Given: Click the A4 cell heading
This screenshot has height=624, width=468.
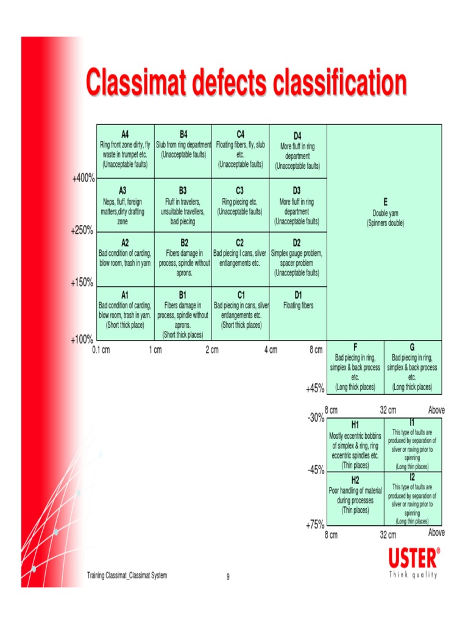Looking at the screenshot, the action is pyautogui.click(x=125, y=133).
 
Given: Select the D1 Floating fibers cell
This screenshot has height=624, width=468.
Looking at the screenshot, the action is pyautogui.click(x=298, y=313).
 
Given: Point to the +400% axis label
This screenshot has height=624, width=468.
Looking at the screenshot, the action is pyautogui.click(x=83, y=179).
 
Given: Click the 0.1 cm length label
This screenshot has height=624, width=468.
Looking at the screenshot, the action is pyautogui.click(x=101, y=350).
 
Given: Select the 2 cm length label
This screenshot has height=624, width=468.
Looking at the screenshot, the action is pyautogui.click(x=211, y=350).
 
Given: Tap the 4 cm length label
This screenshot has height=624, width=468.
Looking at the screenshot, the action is pyautogui.click(x=270, y=350).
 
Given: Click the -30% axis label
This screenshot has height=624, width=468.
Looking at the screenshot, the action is pyautogui.click(x=316, y=419).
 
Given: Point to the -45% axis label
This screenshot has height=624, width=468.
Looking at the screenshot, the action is pyautogui.click(x=315, y=470).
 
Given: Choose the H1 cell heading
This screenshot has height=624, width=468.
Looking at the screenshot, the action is pyautogui.click(x=355, y=424).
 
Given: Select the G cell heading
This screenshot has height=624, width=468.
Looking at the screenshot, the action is pyautogui.click(x=413, y=347).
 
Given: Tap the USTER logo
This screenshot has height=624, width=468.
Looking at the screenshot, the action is pyautogui.click(x=413, y=558).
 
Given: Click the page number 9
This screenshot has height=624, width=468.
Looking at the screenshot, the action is pyautogui.click(x=228, y=577).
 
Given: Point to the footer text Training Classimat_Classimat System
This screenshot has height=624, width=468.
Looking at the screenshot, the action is pyautogui.click(x=127, y=575).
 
